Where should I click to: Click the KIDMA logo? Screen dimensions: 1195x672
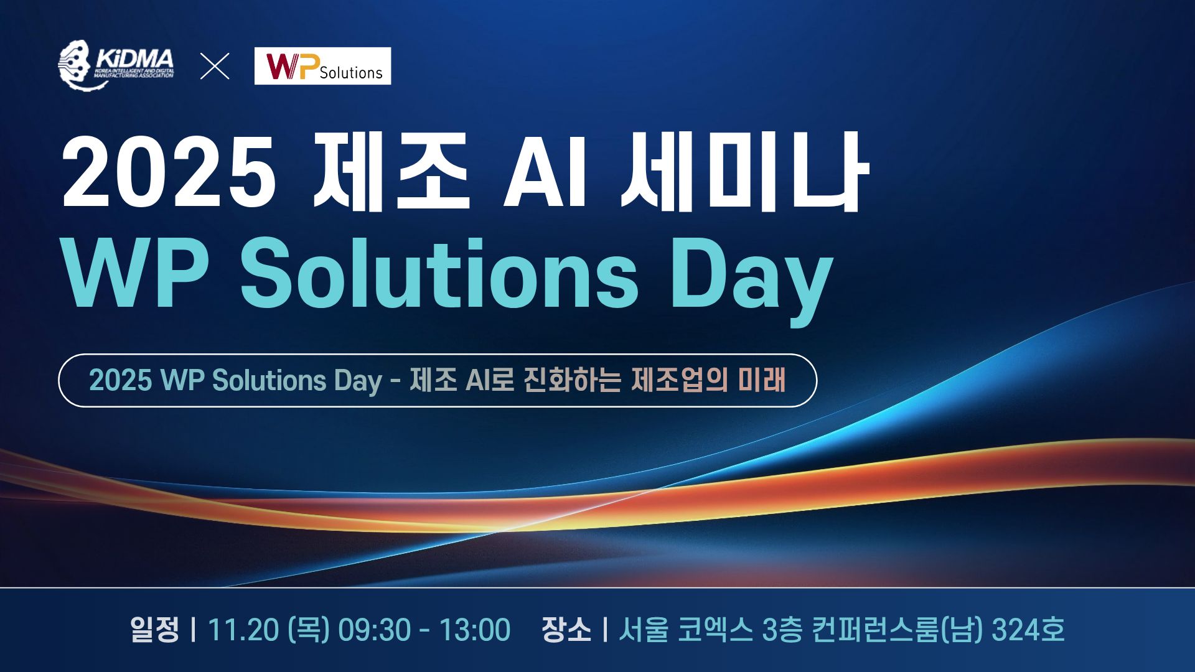point(116,65)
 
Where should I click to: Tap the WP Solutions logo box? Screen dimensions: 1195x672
point(322,66)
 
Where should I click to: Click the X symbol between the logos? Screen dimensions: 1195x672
point(215,66)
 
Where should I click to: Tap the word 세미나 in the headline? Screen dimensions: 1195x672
point(744,171)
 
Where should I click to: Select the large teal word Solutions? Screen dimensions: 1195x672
point(439,273)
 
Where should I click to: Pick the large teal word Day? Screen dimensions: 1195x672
point(752,281)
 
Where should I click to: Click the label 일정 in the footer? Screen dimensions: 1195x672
point(154,629)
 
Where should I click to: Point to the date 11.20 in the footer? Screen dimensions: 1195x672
point(243,630)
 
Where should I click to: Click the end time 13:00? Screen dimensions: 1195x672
point(475,630)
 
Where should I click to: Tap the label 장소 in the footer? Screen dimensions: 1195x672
point(566,629)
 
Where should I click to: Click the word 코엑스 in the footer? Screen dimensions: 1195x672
point(715,629)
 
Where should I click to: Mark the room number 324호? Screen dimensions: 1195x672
point(1028,629)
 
